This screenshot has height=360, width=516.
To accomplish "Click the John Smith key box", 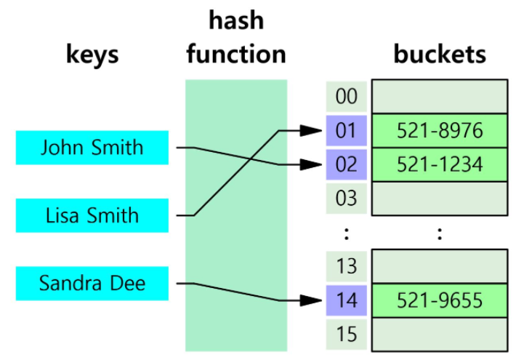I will [92, 148].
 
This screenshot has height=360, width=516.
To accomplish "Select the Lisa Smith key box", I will [92, 215].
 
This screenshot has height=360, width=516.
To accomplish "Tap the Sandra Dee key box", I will [92, 283].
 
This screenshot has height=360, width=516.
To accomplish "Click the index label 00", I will [347, 97].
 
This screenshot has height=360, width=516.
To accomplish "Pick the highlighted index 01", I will [347, 131].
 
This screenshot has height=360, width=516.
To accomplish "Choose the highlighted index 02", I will [347, 164].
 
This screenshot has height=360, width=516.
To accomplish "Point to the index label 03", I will [347, 197].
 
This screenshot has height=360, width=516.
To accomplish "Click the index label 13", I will [347, 266].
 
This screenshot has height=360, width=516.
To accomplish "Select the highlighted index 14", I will [347, 300].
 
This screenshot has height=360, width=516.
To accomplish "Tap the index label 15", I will [347, 333].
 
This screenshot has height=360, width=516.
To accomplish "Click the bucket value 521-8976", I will [440, 131].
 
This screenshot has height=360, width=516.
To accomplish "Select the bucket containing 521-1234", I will [440, 164].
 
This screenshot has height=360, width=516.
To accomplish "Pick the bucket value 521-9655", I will [440, 300].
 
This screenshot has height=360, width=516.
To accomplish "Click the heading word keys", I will [92, 55].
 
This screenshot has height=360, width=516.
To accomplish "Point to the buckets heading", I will [440, 55].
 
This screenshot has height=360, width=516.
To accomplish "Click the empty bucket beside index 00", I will [440, 97].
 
